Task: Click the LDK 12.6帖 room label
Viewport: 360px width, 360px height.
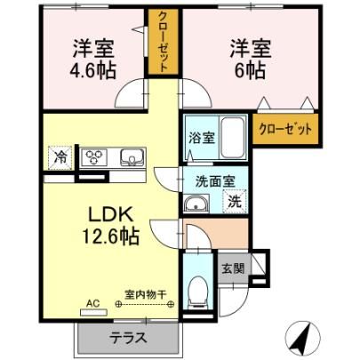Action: coord(110,226)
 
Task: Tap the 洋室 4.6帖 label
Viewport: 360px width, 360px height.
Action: coord(92,60)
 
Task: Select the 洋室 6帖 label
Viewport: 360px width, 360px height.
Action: coord(251,60)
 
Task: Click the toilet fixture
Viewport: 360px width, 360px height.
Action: coord(198,292)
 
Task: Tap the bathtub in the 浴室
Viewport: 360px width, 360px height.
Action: coord(233,138)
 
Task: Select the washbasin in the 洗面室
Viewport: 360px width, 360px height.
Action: coord(196,204)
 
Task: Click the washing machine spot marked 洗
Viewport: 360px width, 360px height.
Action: coord(235,202)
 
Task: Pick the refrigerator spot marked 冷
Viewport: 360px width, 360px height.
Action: coord(60,157)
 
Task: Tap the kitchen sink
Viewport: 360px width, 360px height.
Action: coord(132,156)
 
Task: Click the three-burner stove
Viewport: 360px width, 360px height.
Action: coord(95,156)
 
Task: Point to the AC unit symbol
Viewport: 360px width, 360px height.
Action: coord(93,312)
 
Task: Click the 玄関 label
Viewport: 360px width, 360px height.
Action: coord(234,268)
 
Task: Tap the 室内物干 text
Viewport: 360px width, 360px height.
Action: coord(145,294)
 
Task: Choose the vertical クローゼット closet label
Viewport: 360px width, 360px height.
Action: coord(164,42)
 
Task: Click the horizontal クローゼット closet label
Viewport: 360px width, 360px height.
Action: coord(285,129)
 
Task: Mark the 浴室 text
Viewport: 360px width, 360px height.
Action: coord(202,139)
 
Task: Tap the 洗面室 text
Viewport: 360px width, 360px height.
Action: coord(215,181)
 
